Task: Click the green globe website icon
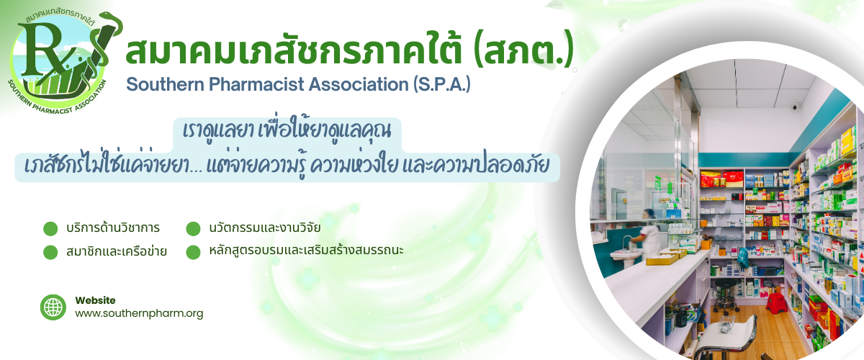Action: tap(53, 307)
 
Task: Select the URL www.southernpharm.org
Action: tap(139, 313)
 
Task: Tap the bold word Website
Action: tap(95, 300)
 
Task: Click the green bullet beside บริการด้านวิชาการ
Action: tap(50, 228)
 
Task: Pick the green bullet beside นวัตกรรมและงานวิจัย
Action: tap(193, 228)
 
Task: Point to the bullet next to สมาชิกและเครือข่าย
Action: tap(50, 252)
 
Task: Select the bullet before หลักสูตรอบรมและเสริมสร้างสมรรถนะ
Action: tap(193, 252)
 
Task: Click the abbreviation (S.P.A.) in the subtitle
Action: tap(442, 84)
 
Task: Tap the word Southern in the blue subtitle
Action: tap(165, 84)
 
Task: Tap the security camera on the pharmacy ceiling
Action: tap(796, 106)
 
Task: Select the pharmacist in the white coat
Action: tap(647, 234)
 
